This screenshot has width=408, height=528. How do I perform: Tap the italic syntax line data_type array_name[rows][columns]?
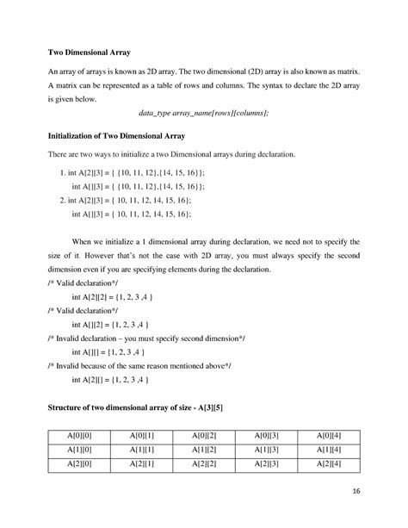203,113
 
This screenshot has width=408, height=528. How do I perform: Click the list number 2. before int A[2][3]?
63,198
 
